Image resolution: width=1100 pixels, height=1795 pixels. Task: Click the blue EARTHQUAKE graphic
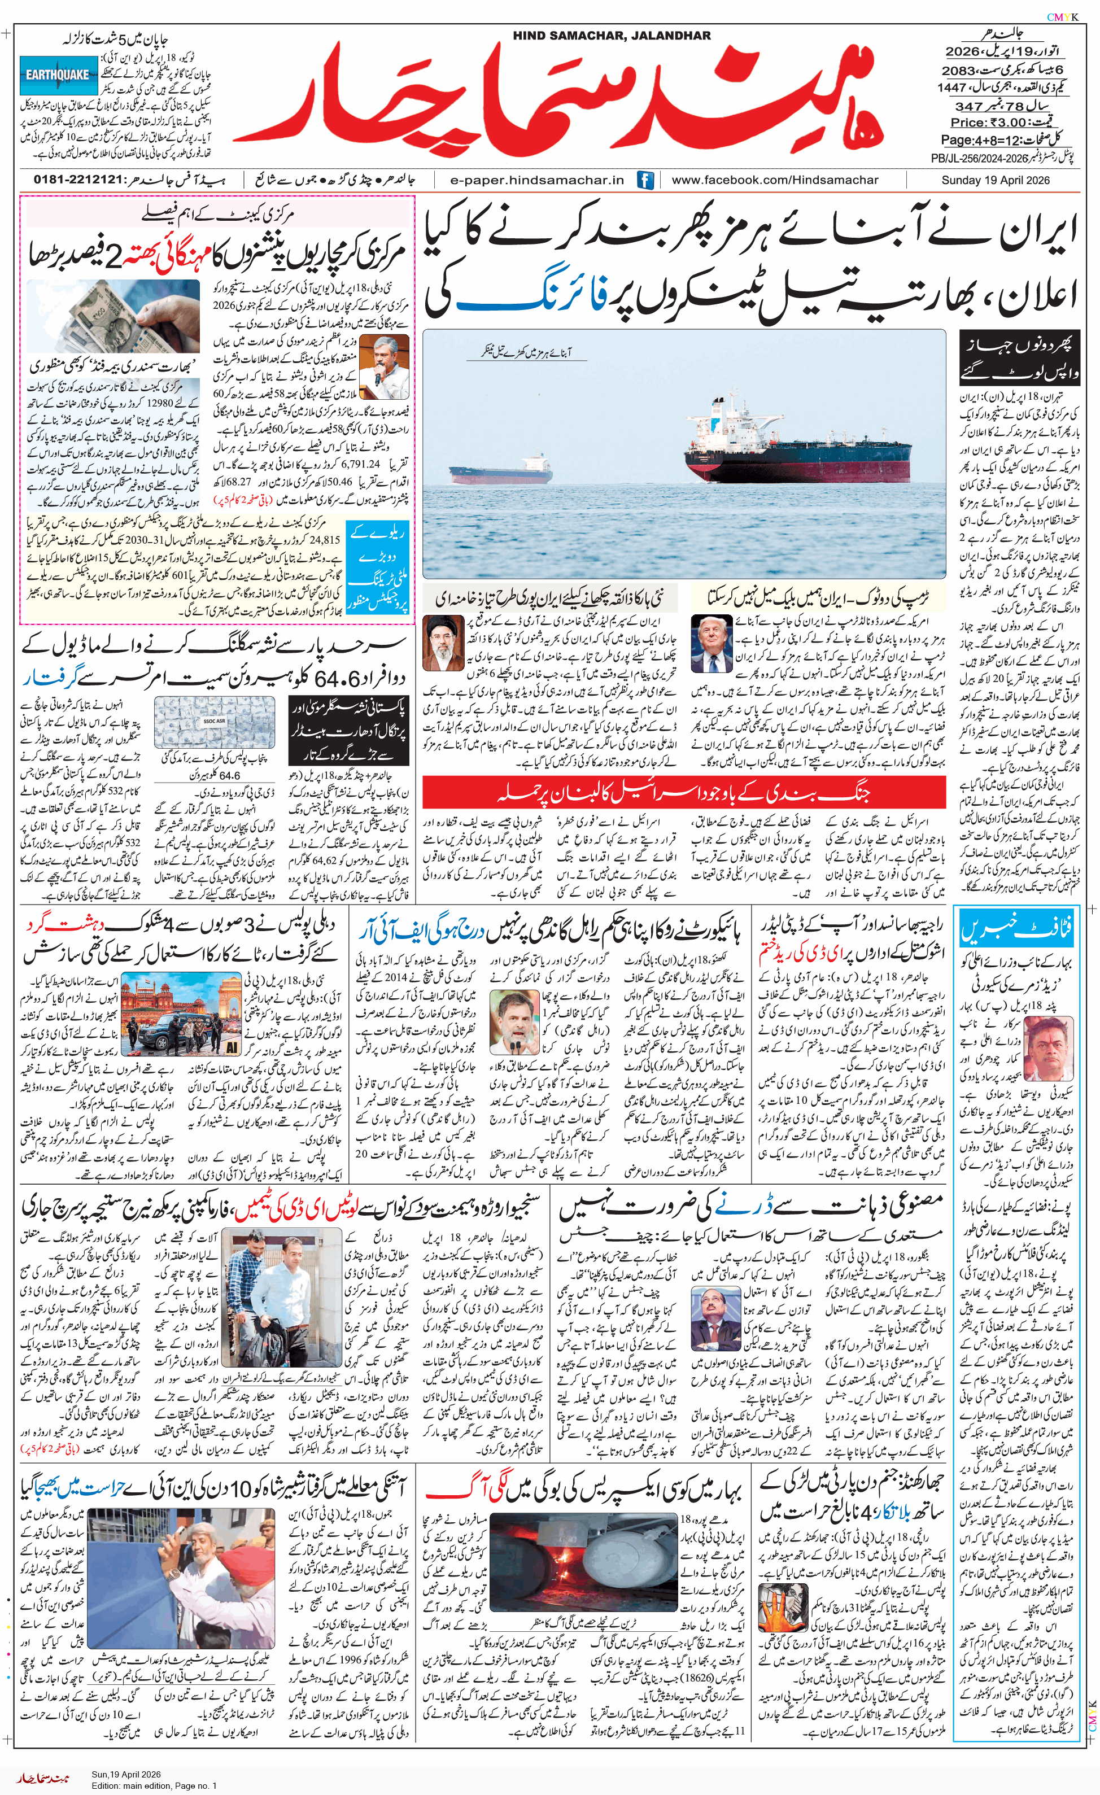pos(58,75)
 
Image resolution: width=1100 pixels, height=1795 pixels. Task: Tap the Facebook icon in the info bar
pos(645,180)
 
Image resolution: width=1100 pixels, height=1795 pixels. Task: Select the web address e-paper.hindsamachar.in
pos(537,180)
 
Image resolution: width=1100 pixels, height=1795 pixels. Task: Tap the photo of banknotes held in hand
pos(113,316)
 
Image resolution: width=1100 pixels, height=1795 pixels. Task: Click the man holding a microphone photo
pos(384,367)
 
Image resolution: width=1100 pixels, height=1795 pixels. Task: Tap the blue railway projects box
pos(377,567)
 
